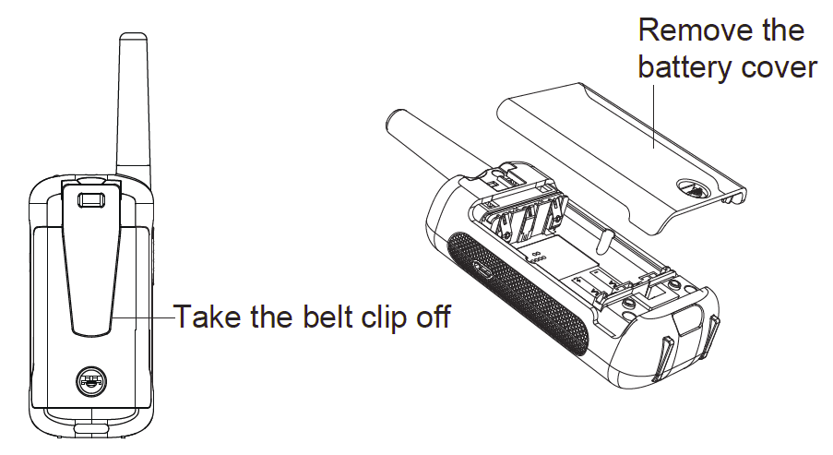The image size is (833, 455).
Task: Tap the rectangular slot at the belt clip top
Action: click(90, 199)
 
